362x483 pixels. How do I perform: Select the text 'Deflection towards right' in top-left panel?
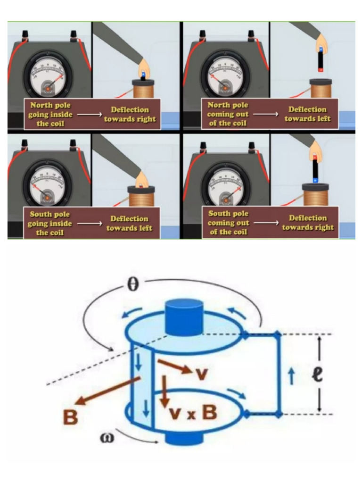tap(130, 114)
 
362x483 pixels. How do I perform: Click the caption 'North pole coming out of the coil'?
tap(228, 114)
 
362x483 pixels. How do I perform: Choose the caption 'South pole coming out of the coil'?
tap(228, 222)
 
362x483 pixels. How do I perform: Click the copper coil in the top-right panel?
tap(321, 90)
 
